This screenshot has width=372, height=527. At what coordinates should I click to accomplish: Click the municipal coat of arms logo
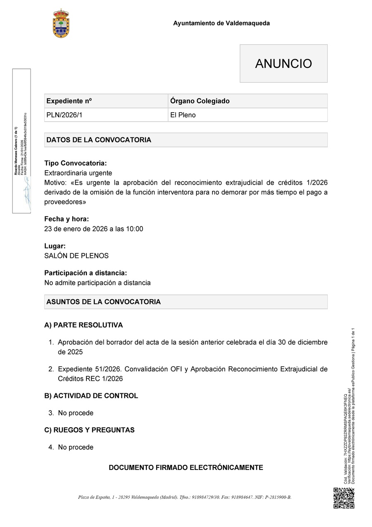61,24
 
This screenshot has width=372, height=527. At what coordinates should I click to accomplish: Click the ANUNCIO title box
284,64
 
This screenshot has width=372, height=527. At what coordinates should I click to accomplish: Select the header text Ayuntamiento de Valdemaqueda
221,23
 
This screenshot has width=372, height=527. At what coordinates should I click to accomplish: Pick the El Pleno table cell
248,115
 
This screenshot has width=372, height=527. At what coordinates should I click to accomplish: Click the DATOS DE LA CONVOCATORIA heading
99,140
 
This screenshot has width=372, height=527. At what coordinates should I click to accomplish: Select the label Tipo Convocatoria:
75,163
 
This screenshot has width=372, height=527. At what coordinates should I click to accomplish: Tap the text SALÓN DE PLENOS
76,256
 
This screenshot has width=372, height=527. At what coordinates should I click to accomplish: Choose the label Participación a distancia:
86,273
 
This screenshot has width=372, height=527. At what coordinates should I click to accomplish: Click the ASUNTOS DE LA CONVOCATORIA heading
103,302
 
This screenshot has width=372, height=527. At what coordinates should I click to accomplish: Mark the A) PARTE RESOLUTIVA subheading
83,325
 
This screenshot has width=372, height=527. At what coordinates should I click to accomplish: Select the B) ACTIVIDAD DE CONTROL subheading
91,396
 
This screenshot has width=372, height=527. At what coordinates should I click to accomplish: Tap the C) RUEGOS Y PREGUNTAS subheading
89,430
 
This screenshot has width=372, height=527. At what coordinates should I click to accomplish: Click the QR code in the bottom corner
344,498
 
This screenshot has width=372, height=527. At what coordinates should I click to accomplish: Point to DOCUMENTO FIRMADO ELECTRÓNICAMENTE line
186,468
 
